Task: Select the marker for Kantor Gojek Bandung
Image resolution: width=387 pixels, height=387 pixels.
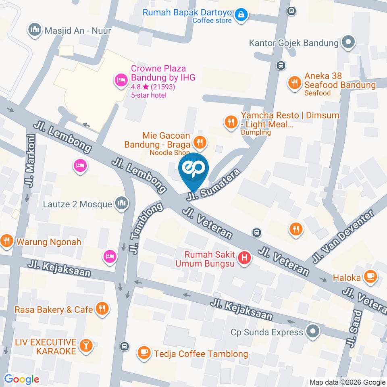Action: pyautogui.click(x=347, y=42)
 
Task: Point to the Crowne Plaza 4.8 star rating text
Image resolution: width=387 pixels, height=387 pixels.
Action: pyautogui.click(x=153, y=87)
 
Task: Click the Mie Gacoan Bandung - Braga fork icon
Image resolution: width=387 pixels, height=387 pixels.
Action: pyautogui.click(x=199, y=141)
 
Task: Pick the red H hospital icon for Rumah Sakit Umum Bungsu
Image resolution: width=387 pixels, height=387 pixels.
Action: pyautogui.click(x=244, y=258)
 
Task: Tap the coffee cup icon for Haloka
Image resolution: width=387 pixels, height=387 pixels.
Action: pyautogui.click(x=370, y=277)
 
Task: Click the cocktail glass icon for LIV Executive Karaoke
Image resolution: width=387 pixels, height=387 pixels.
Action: pyautogui.click(x=86, y=345)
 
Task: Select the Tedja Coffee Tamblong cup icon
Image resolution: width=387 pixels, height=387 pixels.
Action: pyautogui.click(x=144, y=353)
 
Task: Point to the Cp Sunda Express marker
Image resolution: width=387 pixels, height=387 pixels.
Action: pyautogui.click(x=312, y=332)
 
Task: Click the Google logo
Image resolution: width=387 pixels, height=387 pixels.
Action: pyautogui.click(x=21, y=379)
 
